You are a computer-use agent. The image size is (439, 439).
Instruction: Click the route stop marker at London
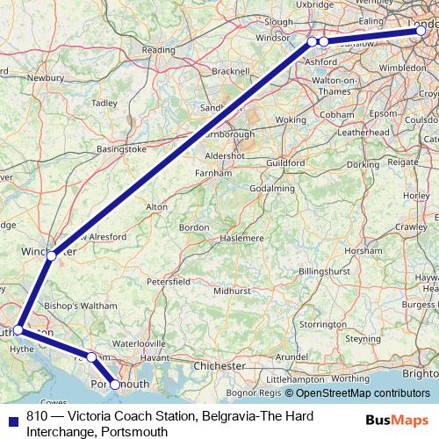[421, 31]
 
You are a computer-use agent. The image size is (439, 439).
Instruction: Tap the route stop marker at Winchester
[52, 256]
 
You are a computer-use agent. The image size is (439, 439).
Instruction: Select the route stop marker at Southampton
[18, 330]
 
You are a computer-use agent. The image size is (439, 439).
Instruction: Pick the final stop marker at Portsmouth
[115, 384]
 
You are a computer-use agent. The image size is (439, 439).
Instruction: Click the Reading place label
[158, 51]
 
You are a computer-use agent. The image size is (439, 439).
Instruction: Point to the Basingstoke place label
[122, 150]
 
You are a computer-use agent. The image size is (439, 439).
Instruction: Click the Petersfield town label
[169, 283]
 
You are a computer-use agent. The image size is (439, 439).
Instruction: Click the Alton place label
[156, 206]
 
